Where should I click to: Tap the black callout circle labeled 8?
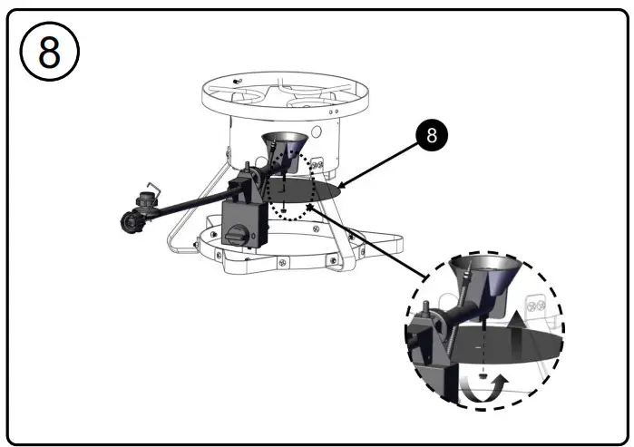tap(433, 135)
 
